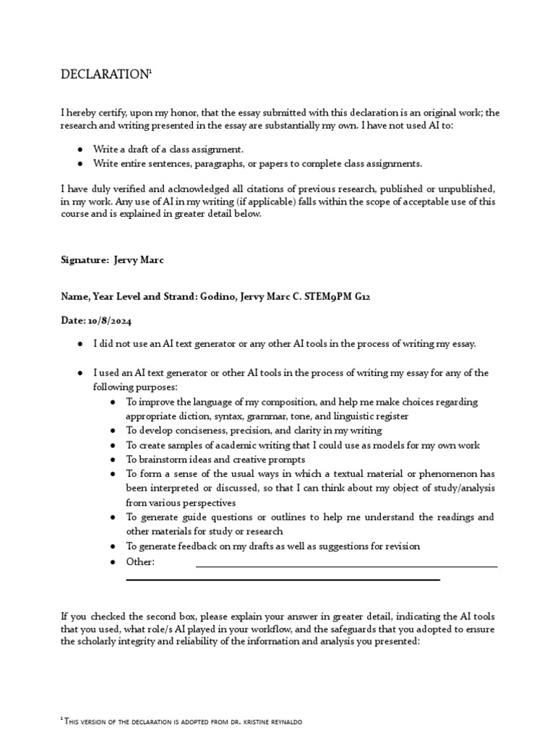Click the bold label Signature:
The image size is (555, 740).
pyautogui.click(x=85, y=260)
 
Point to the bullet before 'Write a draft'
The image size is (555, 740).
pyautogui.click(x=79, y=149)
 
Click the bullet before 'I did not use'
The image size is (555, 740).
pyautogui.click(x=79, y=344)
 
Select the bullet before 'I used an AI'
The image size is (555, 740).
pyautogui.click(x=79, y=373)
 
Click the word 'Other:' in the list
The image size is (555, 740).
pyautogui.click(x=140, y=562)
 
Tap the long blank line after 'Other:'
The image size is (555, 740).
pyautogui.click(x=347, y=567)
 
